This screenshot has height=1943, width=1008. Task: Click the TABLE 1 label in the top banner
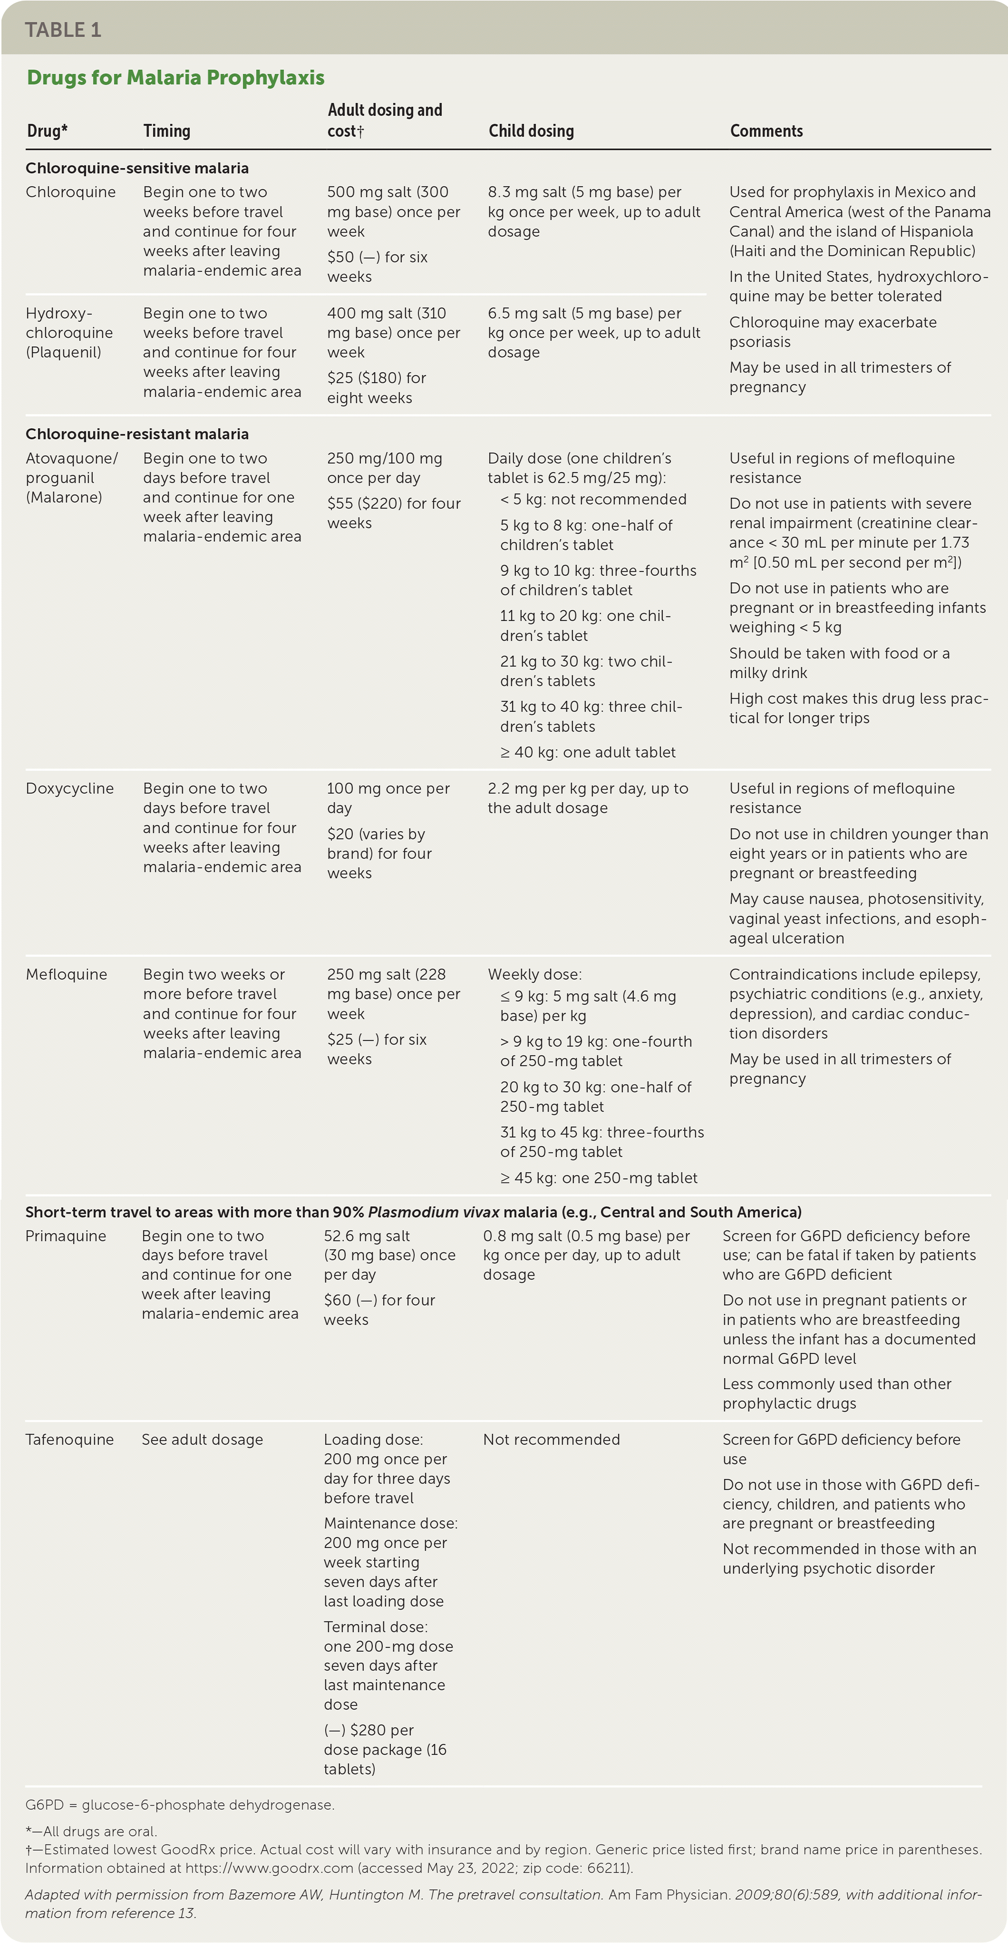tap(63, 29)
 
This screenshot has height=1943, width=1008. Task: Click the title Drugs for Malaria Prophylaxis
tap(175, 77)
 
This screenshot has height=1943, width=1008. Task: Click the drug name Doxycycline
tap(69, 788)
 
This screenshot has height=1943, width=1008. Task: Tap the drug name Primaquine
tap(66, 1236)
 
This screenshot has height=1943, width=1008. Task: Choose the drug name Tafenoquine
tap(69, 1439)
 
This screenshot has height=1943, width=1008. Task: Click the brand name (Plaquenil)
tap(63, 352)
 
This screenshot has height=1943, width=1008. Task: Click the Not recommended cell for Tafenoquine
tap(551, 1439)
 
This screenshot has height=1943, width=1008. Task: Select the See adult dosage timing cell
tap(202, 1439)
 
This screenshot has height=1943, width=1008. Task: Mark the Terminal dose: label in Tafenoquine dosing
tap(376, 1627)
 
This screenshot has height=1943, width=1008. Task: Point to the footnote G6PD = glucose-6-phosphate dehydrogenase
tap(179, 1805)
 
